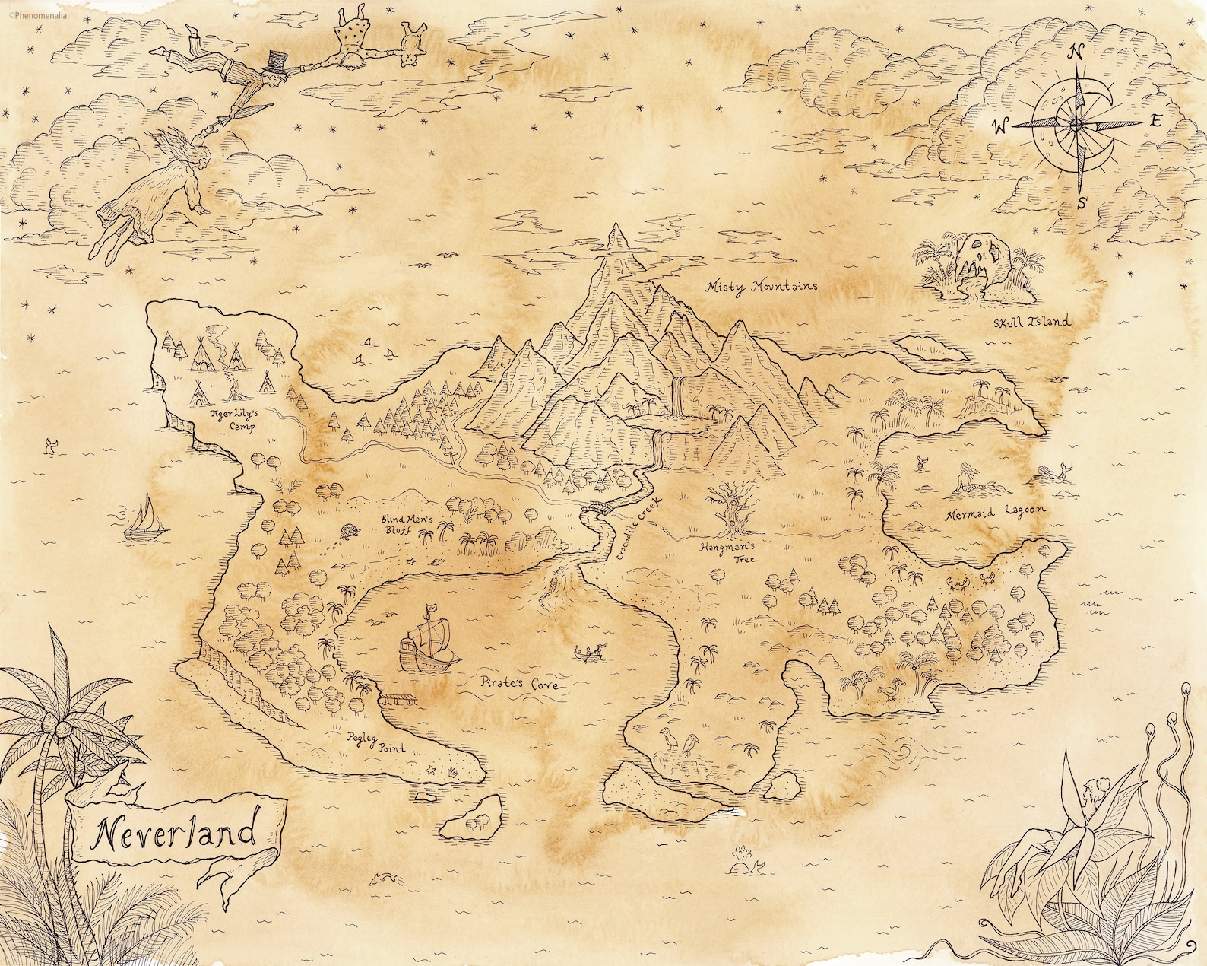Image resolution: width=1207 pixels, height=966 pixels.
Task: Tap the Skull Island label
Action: (x=1031, y=321)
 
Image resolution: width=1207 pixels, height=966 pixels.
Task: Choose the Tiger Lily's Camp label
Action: (x=233, y=421)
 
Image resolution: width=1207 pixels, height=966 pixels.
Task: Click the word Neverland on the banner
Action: (x=174, y=835)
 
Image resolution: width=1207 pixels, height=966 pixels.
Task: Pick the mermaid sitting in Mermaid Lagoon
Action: (x=967, y=476)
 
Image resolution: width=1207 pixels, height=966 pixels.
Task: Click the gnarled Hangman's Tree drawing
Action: (x=731, y=509)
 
